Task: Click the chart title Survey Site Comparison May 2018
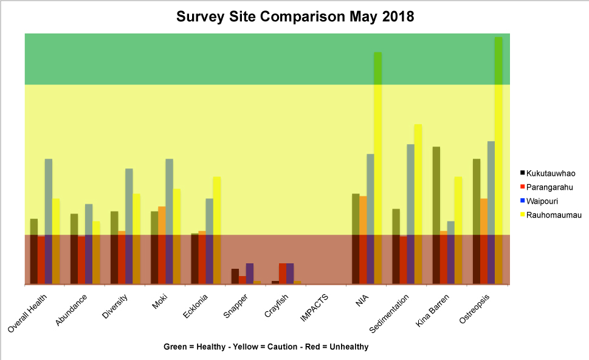coord(295,16)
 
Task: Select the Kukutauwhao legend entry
coord(550,174)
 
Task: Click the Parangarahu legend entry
coord(549,187)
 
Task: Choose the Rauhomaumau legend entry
coord(554,215)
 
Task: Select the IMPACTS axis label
coord(315,308)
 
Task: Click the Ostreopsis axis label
coord(474,310)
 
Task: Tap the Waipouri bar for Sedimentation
coord(410,213)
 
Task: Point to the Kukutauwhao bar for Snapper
coord(235,276)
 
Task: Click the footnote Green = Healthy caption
coord(266,347)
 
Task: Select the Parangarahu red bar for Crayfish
coord(283,273)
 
